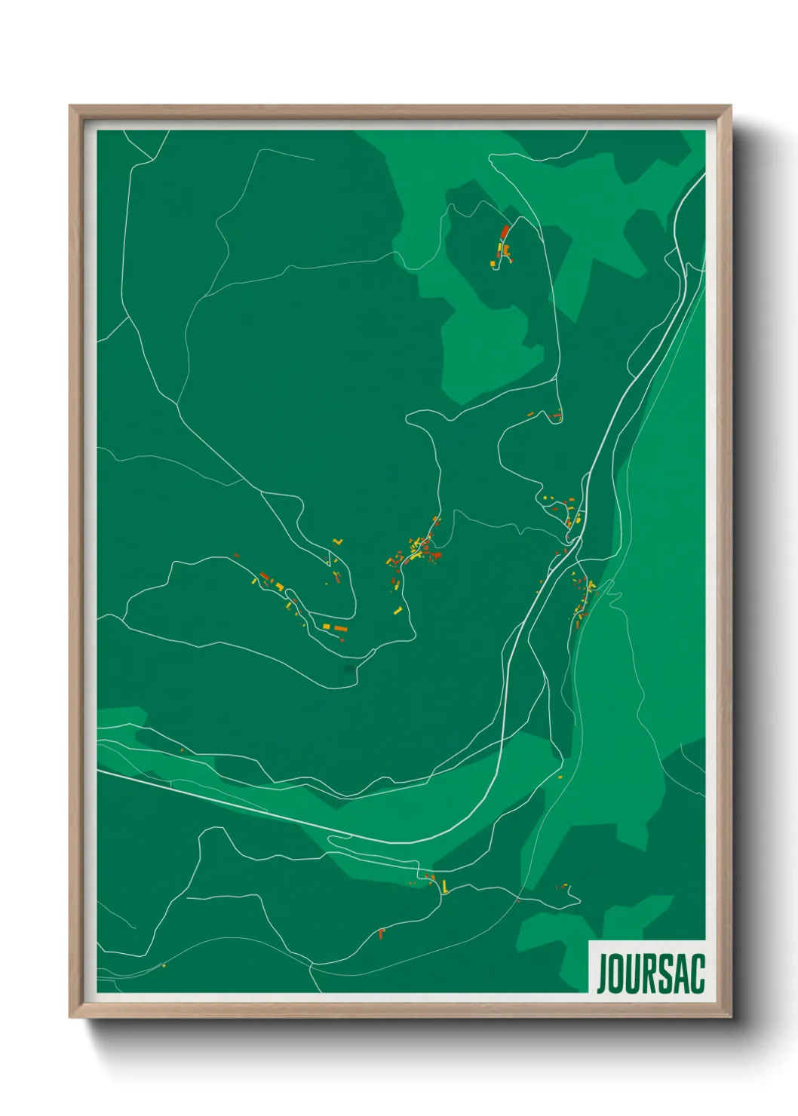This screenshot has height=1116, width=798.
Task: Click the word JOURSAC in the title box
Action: [650, 973]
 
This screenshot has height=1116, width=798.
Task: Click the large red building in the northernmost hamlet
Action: [505, 231]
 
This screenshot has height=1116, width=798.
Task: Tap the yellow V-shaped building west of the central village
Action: [337, 541]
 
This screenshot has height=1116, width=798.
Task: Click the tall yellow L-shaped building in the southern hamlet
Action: [445, 886]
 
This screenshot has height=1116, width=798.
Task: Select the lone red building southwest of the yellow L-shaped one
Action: [382, 934]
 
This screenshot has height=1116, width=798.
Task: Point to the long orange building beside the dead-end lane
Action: [340, 628]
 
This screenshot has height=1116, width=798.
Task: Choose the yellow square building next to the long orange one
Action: [327, 627]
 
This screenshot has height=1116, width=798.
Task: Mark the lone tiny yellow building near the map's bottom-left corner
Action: [164, 965]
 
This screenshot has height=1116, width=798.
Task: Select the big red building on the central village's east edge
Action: [435, 556]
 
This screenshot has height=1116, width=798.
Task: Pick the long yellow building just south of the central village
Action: [399, 609]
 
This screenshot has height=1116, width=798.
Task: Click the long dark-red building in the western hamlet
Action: [265, 578]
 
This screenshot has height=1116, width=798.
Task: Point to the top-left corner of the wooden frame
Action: [72, 107]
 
